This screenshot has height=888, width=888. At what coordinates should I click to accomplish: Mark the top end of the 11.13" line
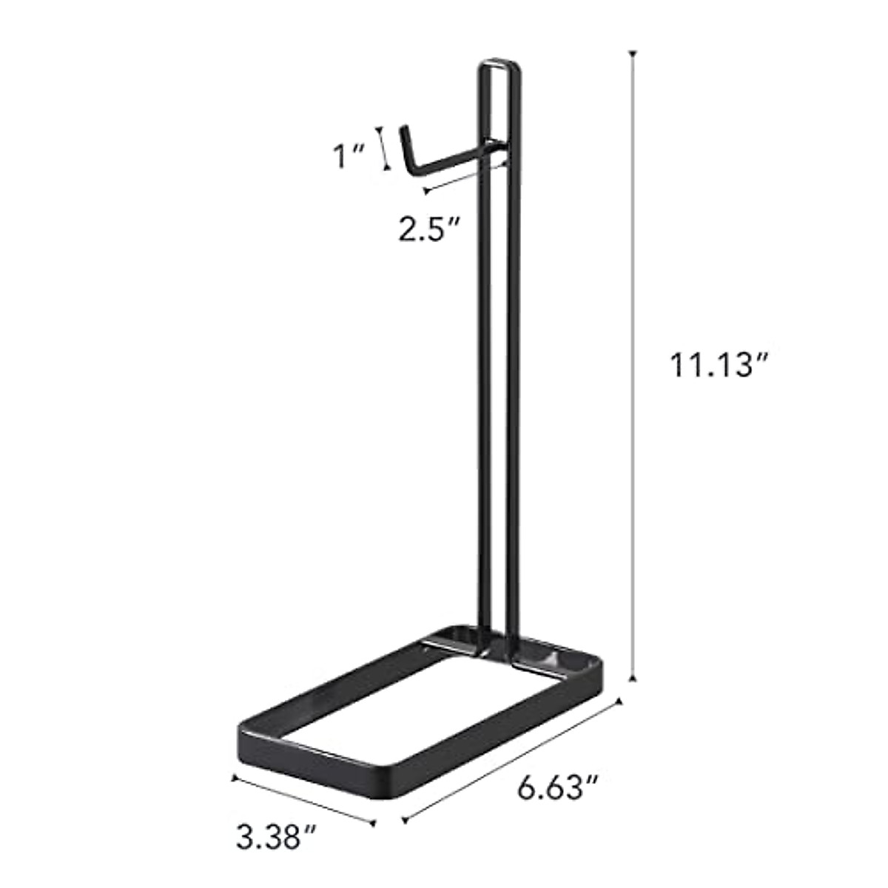(633, 53)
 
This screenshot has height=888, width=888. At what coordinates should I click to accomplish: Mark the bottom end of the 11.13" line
(633, 678)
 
